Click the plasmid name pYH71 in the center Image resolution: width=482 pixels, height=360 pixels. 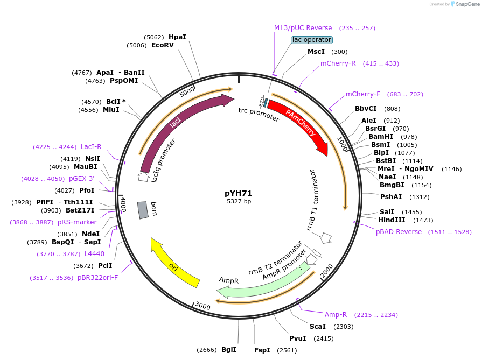pos(239,193)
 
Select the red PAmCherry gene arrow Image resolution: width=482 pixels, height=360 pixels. pos(299,124)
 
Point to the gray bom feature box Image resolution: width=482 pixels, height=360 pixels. pos(143,210)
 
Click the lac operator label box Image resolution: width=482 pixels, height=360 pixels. pos(312,40)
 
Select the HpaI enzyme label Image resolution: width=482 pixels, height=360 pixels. pos(177,37)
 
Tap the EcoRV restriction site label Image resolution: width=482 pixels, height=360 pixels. pos(163,46)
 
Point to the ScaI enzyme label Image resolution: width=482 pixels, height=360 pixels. pos(317,327)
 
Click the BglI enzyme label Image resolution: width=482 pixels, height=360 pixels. pos(229,350)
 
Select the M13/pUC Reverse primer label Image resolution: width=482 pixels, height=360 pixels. pos(303,28)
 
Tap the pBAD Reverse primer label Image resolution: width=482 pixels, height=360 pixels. pos(399,232)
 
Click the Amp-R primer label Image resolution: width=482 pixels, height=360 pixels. pos(336,315)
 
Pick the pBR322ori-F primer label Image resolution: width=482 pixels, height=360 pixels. pos(97,278)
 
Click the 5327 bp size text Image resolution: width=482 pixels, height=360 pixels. pos(239,202)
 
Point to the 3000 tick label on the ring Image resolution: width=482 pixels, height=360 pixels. pos(203,306)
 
